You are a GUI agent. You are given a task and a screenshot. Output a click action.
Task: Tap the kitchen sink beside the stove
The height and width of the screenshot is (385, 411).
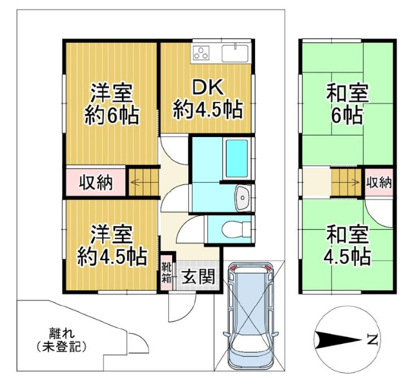coord(235,53)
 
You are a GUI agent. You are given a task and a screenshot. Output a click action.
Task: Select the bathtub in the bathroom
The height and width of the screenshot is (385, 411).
coord(237,158)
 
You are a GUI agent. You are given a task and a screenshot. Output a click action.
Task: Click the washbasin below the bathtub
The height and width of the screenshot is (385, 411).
coord(243,198)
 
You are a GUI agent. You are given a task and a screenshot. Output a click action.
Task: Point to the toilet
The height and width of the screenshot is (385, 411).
coord(236,229)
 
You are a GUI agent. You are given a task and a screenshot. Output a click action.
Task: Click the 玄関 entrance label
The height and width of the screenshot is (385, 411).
coord(198,276)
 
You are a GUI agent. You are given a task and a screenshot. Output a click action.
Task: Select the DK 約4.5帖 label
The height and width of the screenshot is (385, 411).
coord(207,99)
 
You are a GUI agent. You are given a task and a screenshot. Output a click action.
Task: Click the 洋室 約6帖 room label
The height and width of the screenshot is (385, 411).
coord(111,104)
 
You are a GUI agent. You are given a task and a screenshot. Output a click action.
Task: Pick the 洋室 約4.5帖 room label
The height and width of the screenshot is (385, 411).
coord(111,245)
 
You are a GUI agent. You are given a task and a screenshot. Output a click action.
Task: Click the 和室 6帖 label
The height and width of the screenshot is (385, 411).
coord(347,104)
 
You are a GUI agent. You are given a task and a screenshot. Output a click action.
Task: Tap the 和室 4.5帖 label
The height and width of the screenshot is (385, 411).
coord(347,245)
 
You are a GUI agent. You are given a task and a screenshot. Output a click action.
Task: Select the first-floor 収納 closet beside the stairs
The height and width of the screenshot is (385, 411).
coord(96,183)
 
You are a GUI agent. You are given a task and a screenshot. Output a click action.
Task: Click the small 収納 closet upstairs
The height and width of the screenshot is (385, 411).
coord(379,182)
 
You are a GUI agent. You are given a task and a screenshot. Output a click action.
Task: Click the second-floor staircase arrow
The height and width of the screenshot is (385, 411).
coord(352,182)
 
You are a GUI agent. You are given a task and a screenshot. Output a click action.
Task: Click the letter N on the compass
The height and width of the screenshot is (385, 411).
coord(372,340)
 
